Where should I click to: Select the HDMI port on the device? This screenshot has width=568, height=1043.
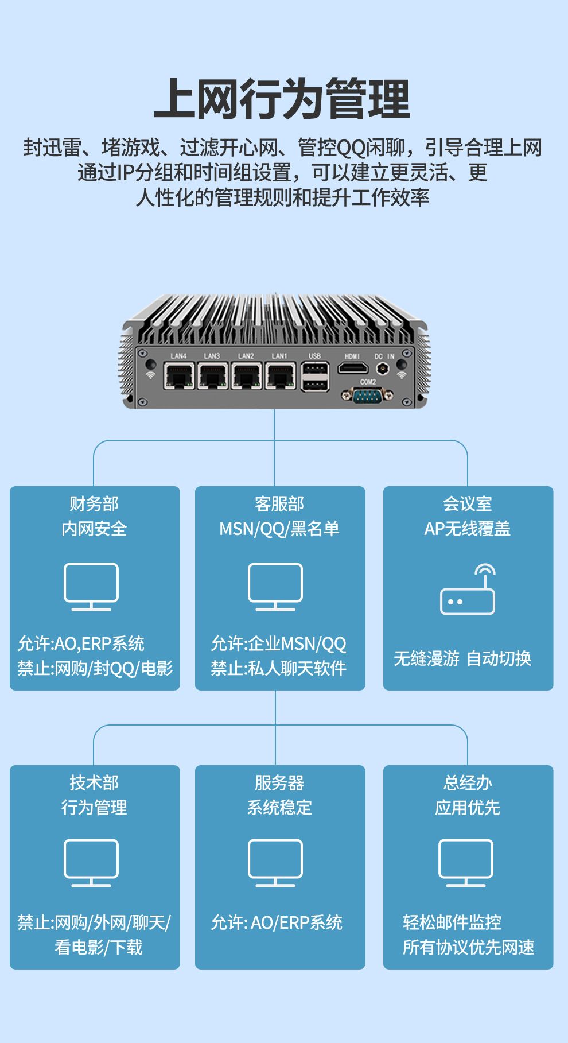pos(352,368)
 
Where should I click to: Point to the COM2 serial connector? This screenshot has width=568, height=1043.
pos(367,394)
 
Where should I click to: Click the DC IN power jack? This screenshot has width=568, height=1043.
pos(385,368)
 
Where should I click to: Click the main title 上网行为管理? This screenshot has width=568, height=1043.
pos(282,100)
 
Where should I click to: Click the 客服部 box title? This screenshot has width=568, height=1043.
pos(279,504)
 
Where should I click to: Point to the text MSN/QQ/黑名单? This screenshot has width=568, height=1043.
pos(279,529)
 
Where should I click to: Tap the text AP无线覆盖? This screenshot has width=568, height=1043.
pos(468,529)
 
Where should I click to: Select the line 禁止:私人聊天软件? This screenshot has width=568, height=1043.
pos(279,668)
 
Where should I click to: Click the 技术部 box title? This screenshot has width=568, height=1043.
pos(94,782)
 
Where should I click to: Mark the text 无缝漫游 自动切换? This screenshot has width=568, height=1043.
pos(462,658)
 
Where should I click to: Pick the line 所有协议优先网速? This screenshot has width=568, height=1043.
pos(468,947)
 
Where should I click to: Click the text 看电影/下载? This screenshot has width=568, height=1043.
pos(99,947)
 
